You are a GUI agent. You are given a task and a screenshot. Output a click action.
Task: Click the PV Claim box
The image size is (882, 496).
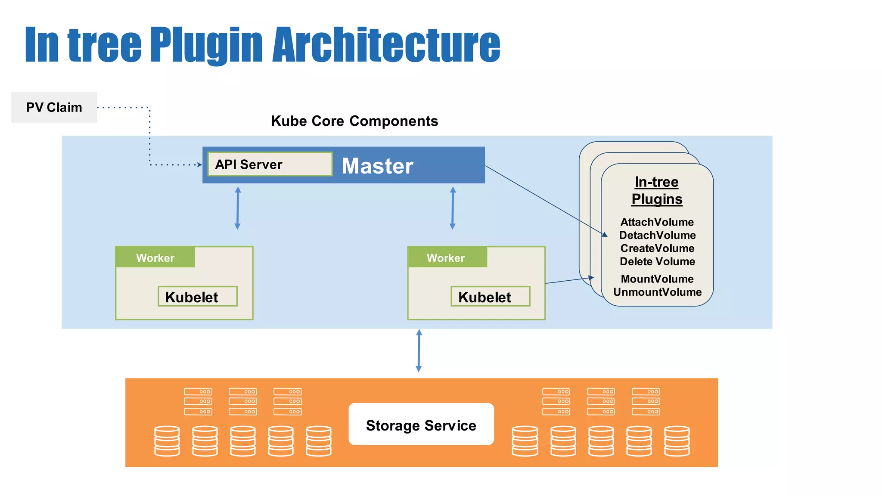coord(54,107)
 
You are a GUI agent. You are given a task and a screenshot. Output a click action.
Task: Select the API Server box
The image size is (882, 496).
coord(270,164)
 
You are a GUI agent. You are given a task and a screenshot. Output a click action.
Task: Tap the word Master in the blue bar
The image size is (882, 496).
coord(377,166)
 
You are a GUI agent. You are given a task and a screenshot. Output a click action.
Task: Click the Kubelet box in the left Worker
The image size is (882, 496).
coord(197,297)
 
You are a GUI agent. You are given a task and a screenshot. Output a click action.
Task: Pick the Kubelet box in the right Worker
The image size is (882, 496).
coord(490,297)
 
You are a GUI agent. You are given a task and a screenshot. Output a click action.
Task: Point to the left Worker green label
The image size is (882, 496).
coord(155,257)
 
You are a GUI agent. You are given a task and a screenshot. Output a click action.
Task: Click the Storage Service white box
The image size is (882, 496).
coord(421,425)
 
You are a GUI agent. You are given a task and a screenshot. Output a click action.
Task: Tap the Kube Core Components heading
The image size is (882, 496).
coord(354,121)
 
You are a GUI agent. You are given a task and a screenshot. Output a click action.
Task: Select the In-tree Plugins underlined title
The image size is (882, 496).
coord(657,190)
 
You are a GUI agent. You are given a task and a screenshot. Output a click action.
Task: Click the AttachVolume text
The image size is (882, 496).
coord(657,222)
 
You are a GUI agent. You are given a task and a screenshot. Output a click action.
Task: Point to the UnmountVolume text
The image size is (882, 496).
coord(657,292)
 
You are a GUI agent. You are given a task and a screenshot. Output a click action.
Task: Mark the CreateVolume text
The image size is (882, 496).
coord(657,248)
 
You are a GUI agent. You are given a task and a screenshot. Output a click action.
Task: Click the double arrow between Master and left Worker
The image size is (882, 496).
coord(237,208)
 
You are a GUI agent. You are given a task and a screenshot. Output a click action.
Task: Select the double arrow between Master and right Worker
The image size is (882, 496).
coord(452,208)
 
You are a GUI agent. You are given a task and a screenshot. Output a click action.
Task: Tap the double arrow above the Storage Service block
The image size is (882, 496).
coord(419,350)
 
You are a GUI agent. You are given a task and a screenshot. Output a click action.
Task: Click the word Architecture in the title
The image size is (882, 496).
coord(386,44)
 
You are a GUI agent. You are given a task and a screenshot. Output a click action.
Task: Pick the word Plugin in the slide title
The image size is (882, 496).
coord(206,44)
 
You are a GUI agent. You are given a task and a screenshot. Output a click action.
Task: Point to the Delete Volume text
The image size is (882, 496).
coord(657,261)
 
